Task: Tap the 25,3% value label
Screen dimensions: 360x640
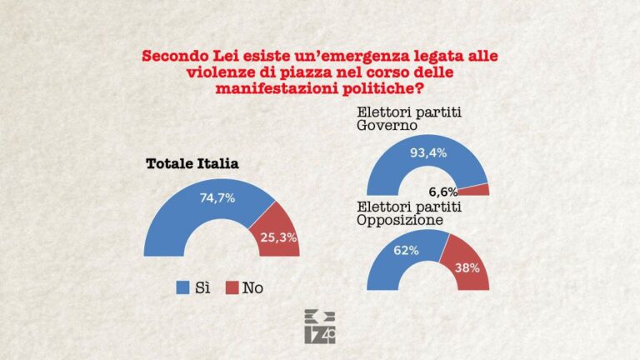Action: (279, 239)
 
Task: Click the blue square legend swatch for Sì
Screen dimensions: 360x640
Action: (182, 288)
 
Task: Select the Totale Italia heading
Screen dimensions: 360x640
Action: (192, 163)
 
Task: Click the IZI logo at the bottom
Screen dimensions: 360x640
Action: (320, 327)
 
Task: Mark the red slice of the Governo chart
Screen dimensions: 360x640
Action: (479, 189)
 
